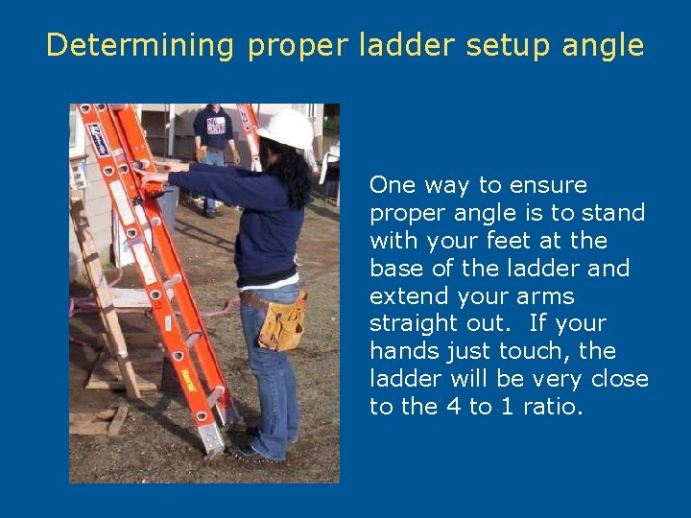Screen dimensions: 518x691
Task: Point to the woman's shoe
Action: (x=252, y=451)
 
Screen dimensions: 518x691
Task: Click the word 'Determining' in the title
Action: (x=141, y=45)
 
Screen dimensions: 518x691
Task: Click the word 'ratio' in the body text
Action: (x=553, y=407)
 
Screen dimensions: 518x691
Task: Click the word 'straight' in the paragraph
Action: (x=417, y=323)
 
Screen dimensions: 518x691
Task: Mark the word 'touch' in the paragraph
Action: (x=543, y=351)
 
